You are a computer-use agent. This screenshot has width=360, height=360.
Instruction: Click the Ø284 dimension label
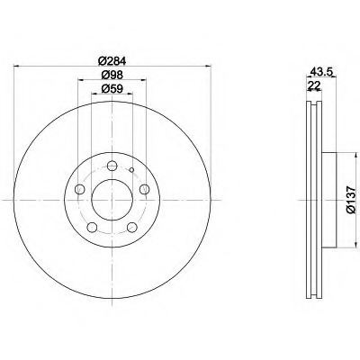(112, 61)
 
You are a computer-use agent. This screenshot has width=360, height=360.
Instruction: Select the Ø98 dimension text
(112, 75)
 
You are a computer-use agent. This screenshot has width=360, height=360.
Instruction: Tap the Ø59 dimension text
(112, 89)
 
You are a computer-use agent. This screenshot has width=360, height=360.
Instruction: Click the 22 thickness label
(314, 85)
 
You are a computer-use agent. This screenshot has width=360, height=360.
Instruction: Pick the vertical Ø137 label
(351, 200)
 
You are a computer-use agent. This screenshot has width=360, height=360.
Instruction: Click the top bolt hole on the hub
(112, 166)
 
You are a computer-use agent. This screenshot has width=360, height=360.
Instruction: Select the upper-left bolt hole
(80, 189)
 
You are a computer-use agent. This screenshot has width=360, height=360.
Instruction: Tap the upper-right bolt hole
(144, 189)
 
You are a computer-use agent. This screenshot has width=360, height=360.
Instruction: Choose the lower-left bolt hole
(92, 227)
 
